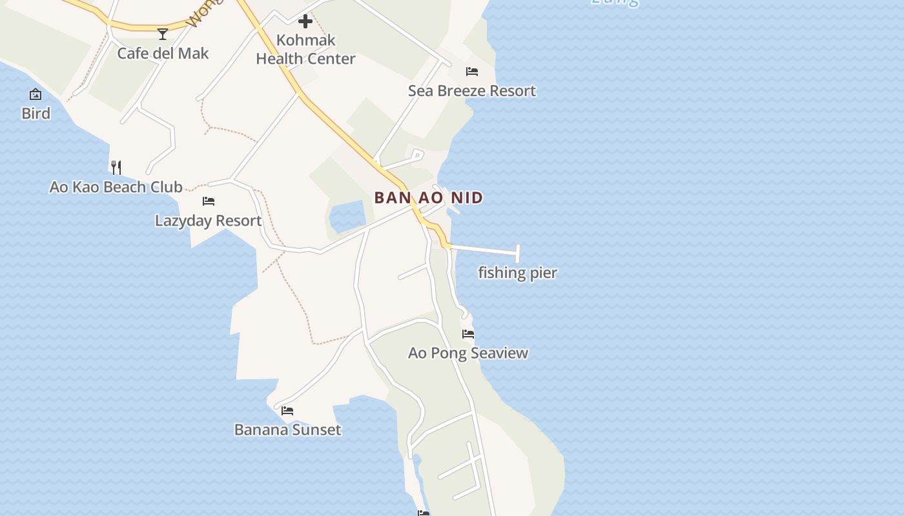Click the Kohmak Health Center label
coord(305,49)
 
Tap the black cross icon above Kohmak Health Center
coord(305,22)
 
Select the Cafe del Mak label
coord(163,53)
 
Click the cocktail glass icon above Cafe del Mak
coord(163,34)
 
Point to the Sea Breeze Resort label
coord(472,91)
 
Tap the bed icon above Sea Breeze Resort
coord(472,72)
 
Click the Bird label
coord(36,114)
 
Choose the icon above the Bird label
coord(36,95)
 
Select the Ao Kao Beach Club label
coord(116,187)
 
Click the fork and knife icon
coord(116,168)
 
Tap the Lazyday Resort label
coord(209,221)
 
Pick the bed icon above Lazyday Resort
coord(209,201)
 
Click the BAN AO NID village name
coord(429,197)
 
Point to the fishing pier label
coord(517,273)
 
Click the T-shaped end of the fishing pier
coord(517,253)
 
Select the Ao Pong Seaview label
coord(468,353)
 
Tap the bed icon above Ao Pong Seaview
coord(468,334)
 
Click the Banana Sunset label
coord(287,430)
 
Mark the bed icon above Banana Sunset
coord(287,411)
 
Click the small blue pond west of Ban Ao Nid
coord(348,217)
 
